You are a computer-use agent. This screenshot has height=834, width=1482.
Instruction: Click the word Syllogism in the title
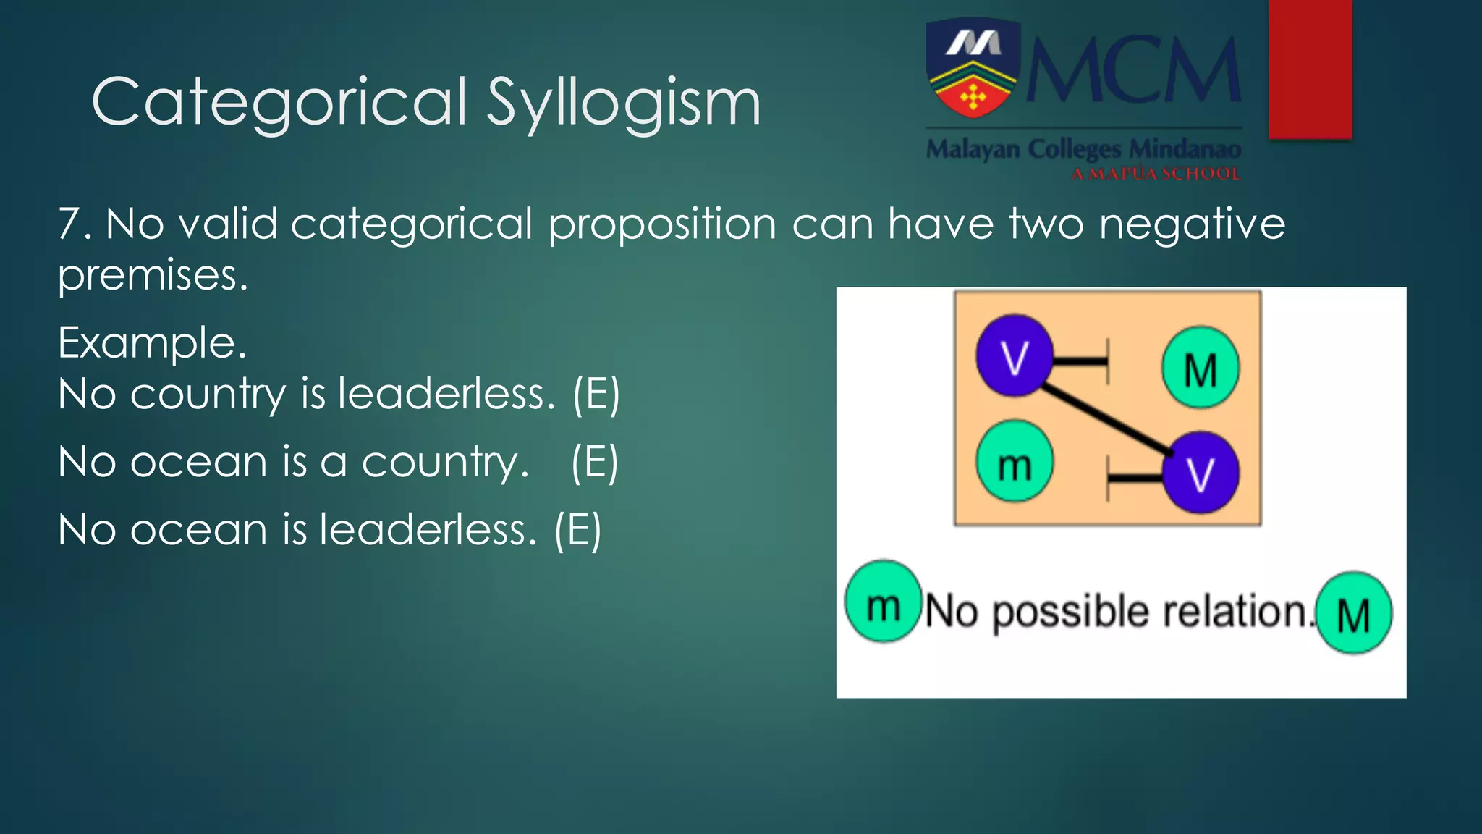click(x=623, y=103)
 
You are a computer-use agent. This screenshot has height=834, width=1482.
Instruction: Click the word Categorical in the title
click(x=279, y=103)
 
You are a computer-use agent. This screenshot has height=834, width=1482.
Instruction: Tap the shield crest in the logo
click(x=973, y=69)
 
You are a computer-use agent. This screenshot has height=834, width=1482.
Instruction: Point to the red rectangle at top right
click(x=1310, y=69)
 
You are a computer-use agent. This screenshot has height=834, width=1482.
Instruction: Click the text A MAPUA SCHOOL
click(x=1156, y=174)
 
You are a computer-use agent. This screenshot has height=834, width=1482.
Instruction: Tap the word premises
click(x=153, y=276)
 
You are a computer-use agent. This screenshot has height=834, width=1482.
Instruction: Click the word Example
click(x=152, y=342)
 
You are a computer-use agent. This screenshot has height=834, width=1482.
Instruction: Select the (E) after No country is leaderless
click(x=596, y=395)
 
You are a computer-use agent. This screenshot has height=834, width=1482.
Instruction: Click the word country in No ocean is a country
click(x=445, y=463)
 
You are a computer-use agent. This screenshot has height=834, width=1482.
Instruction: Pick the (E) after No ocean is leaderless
click(x=577, y=530)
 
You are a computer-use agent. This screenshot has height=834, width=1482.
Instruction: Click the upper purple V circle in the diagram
click(x=1014, y=355)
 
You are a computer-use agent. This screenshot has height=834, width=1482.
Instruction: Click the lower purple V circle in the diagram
click(x=1201, y=473)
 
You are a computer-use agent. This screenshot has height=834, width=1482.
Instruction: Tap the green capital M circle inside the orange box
click(x=1201, y=368)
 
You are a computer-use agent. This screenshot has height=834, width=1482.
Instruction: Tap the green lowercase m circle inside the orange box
click(x=1014, y=462)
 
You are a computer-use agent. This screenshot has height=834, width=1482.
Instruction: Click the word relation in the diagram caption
click(x=1235, y=612)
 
